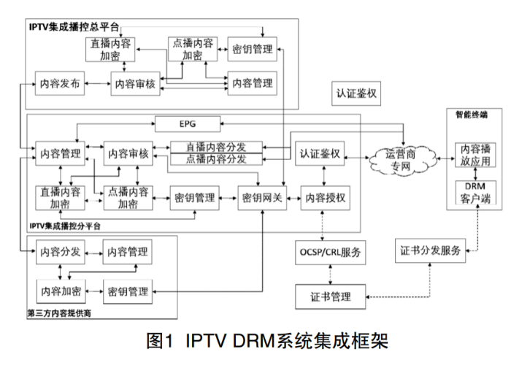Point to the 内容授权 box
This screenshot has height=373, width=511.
325,197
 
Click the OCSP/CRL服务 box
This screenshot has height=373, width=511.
331,252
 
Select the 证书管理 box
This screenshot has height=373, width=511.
331,296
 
